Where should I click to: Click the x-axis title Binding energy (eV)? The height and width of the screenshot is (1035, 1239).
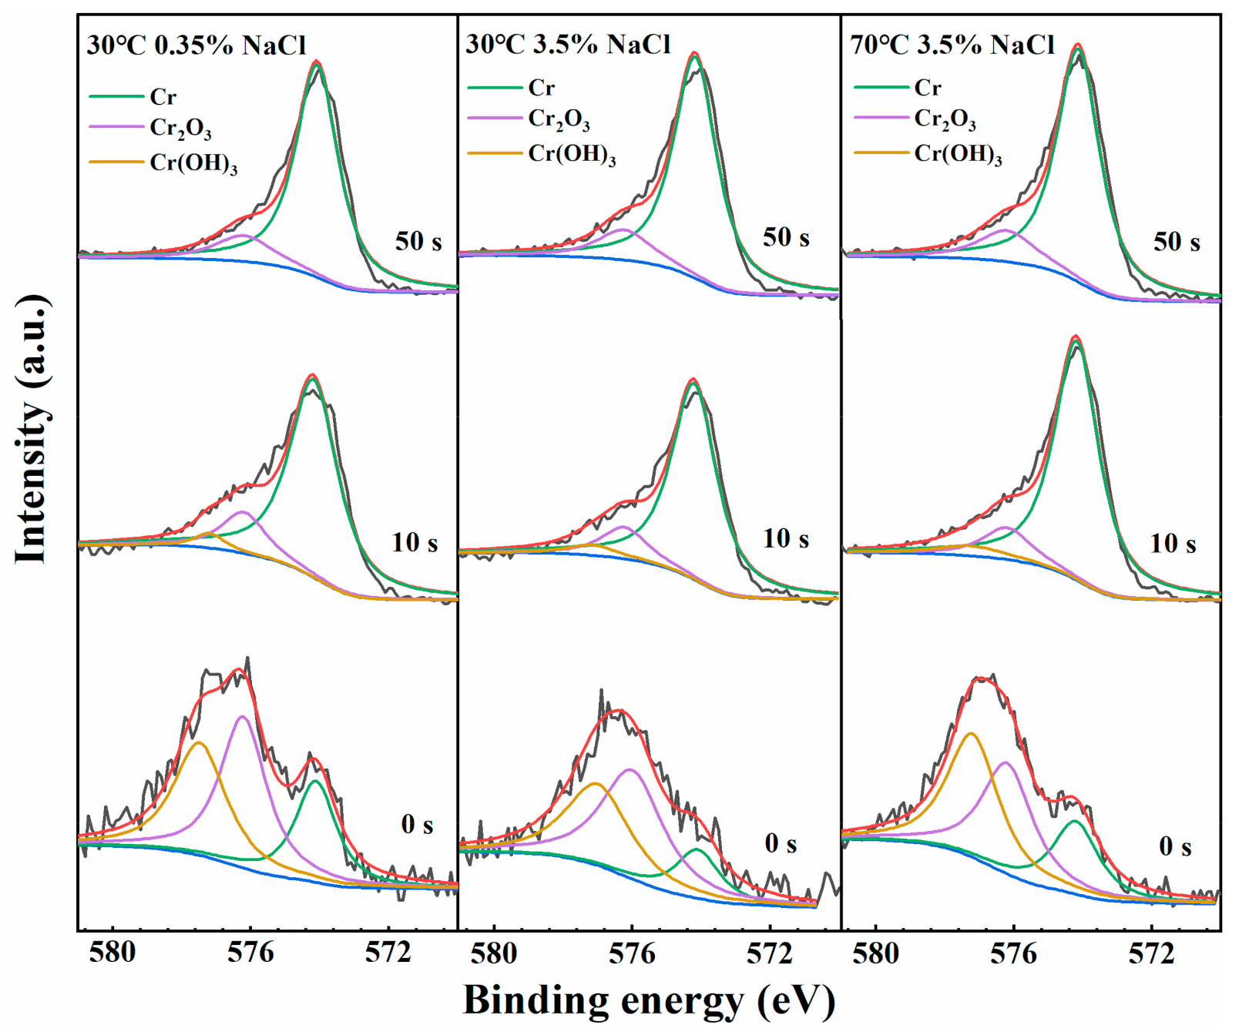coord(649,1000)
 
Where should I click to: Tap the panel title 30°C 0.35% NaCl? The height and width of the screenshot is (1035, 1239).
coord(196,45)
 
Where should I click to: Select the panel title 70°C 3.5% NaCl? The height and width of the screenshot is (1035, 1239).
coord(952,45)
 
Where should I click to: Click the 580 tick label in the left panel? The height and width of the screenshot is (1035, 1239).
coord(112,953)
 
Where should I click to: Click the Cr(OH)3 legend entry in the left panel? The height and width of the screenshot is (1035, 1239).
coord(193,163)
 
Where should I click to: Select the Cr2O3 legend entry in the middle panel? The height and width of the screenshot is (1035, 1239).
coord(559,119)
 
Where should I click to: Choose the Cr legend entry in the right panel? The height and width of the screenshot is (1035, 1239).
coord(928,88)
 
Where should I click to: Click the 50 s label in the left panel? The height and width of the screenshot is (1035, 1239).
coord(418,241)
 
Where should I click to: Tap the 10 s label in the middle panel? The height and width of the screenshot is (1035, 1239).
coord(786,538)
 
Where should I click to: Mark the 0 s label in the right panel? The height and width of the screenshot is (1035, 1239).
coord(1175,847)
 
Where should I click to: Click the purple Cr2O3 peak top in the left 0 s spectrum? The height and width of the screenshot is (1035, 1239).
coord(243,716)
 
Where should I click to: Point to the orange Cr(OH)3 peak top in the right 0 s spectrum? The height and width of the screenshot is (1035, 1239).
coord(970,733)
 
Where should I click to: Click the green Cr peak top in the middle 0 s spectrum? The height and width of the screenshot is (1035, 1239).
coord(697,849)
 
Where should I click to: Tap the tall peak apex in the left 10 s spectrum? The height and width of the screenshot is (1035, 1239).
coord(312,375)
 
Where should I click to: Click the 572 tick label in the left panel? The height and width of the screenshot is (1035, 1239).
coord(388,953)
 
